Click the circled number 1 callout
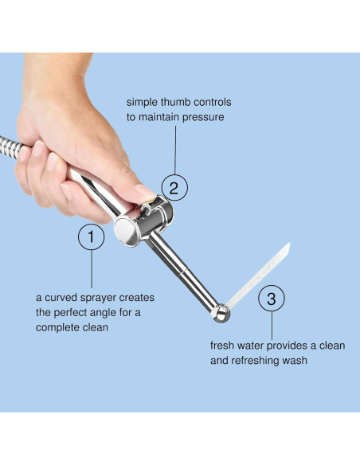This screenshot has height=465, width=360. pos(91,236)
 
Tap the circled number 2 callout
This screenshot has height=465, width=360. pos(174,189)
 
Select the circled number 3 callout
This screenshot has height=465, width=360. pos(272,299)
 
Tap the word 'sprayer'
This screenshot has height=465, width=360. pos(100,298)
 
